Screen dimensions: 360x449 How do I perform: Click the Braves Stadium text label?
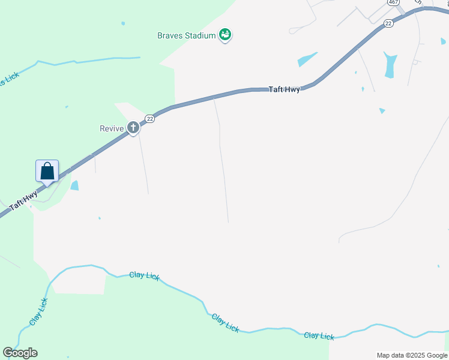(186, 35)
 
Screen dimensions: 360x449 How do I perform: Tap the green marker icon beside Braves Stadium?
(225, 35)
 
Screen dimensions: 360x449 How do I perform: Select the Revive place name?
(111, 128)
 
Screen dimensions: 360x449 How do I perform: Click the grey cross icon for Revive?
(133, 127)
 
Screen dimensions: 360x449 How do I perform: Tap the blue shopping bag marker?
(47, 171)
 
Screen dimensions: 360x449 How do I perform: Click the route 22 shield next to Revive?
(149, 119)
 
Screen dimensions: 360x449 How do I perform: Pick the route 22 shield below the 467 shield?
(388, 23)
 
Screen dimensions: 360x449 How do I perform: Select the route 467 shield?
(393, 2)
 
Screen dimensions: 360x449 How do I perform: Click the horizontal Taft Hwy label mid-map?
(283, 89)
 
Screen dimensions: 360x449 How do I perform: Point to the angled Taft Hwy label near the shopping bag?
(24, 200)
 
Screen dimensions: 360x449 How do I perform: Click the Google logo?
(20, 353)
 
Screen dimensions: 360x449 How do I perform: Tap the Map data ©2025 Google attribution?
(412, 355)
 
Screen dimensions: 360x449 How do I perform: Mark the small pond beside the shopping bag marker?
(74, 185)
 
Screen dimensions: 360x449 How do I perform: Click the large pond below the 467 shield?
(390, 64)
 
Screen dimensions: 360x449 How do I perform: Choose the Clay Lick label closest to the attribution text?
(319, 336)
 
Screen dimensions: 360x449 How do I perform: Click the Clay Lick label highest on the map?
(145, 275)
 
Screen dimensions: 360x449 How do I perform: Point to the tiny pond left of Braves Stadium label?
(123, 23)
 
